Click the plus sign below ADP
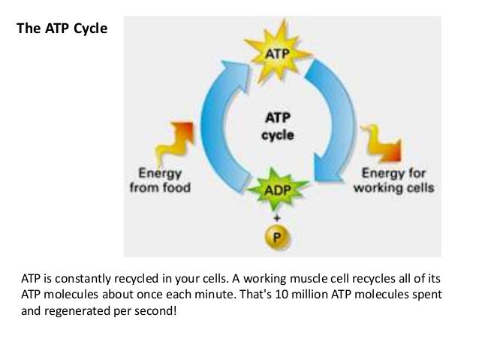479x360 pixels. [x=276, y=216]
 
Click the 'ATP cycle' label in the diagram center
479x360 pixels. [x=277, y=127]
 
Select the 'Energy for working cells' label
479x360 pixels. [x=394, y=181]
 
